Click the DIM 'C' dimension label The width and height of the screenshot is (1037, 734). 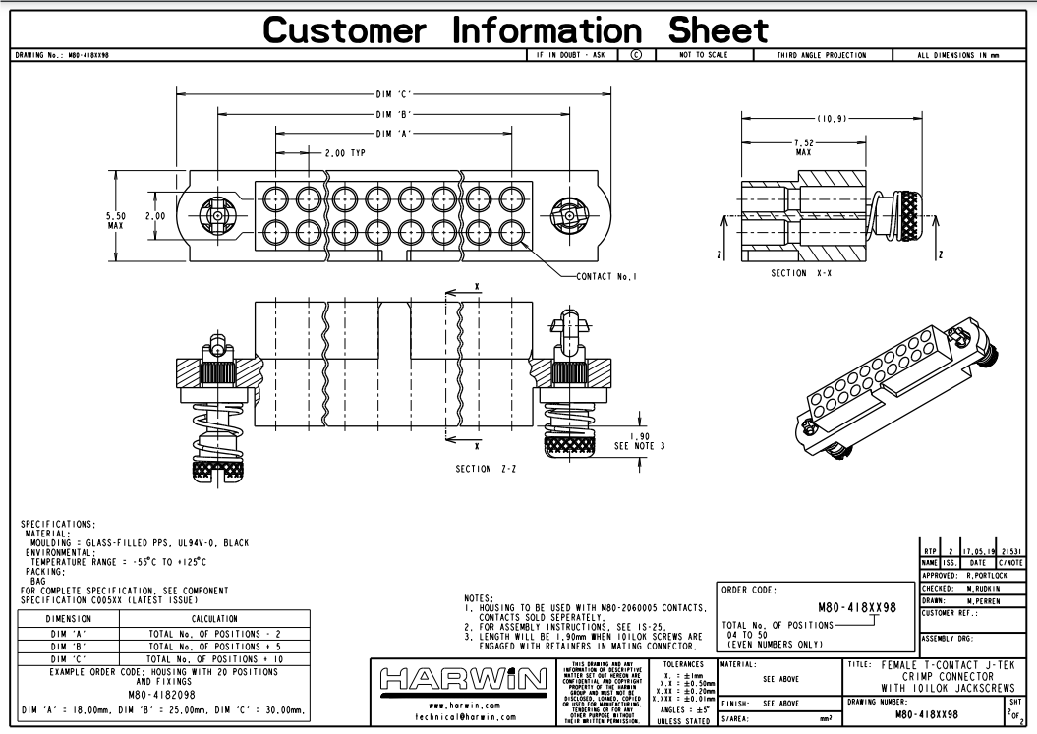click(392, 94)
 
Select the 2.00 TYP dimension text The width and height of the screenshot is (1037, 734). click(345, 153)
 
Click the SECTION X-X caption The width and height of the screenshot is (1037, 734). click(801, 273)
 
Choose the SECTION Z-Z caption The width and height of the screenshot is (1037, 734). click(487, 469)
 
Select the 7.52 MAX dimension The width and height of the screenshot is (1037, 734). click(803, 147)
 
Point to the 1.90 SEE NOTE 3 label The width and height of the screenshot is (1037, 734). click(639, 441)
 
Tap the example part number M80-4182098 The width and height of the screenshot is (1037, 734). click(163, 694)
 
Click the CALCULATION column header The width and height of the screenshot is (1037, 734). click(214, 619)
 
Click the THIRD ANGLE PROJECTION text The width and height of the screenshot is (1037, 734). click(821, 55)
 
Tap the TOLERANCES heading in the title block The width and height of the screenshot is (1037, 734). click(682, 664)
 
